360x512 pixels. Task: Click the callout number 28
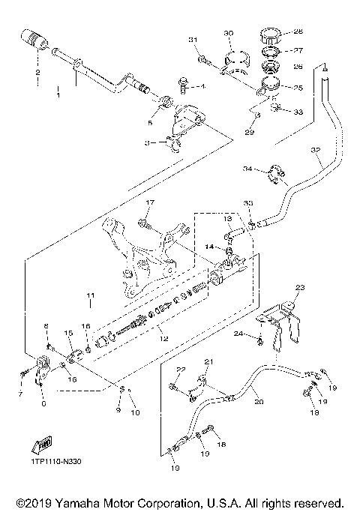pos(298,32)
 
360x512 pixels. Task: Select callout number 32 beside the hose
pos(314,151)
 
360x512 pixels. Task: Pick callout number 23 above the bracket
pos(300,287)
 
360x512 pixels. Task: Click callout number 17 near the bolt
pos(148,202)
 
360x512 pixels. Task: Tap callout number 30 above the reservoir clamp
pos(229,33)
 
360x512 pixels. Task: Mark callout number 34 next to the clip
pos(247,169)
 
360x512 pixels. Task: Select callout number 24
pos(238,334)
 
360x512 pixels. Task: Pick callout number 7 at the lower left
pos(20,393)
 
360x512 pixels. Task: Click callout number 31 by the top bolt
pos(192,39)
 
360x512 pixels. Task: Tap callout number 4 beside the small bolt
pos(202,87)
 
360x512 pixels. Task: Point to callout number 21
pos(210,362)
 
